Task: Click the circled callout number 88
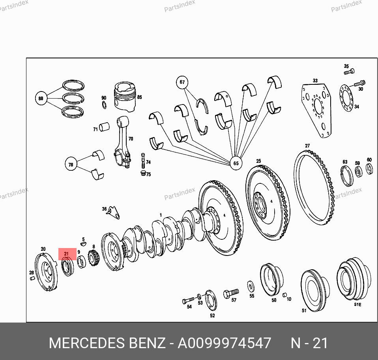[x=41, y=98]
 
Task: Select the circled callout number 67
[x=182, y=82]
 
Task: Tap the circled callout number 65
[x=236, y=163]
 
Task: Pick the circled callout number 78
[x=71, y=164]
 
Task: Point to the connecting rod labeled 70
[x=122, y=142]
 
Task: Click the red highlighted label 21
[x=67, y=254]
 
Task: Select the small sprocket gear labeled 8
[x=94, y=258]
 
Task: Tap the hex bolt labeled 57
[x=231, y=293]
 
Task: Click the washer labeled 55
[x=251, y=287]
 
